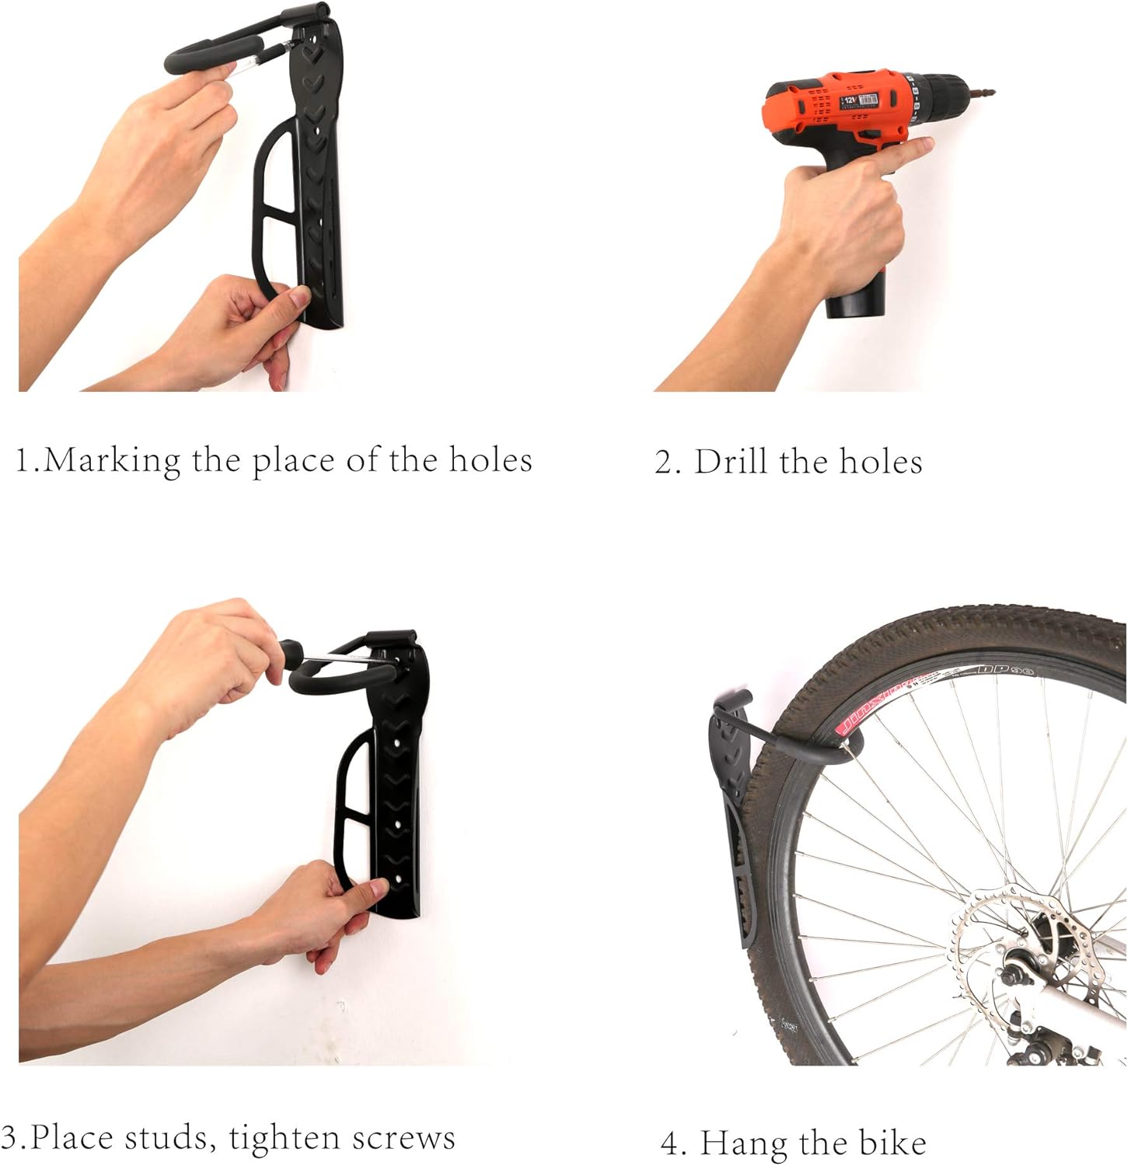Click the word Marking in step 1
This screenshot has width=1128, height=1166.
pos(112,460)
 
